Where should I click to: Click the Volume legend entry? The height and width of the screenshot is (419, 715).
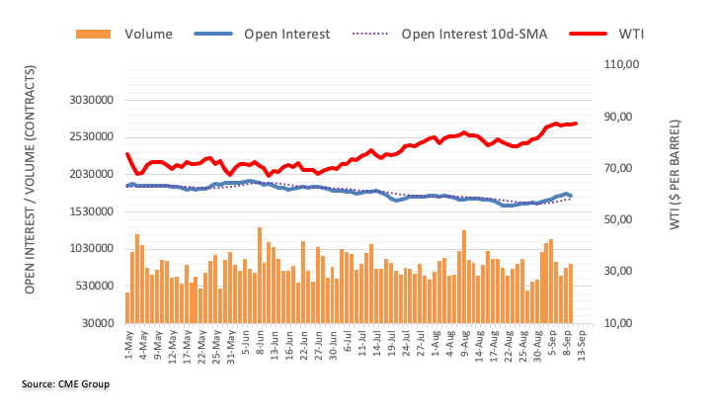click(x=148, y=34)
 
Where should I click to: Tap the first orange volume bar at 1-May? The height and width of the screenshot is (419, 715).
click(x=127, y=307)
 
